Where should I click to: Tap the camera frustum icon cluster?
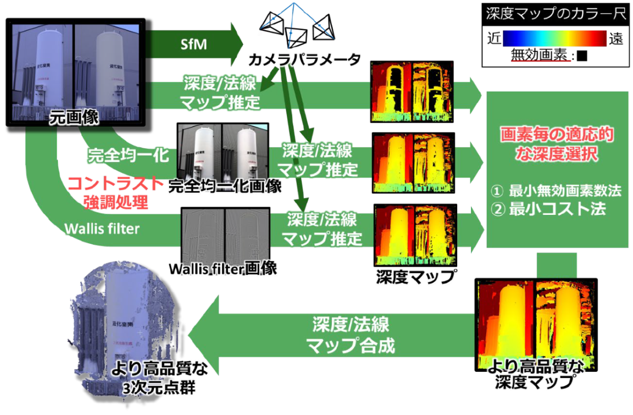point(297,25)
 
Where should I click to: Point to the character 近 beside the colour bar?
point(494,38)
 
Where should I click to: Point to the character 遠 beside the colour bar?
point(616,38)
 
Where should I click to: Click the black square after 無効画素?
point(581,56)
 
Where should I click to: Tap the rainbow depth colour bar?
point(554,38)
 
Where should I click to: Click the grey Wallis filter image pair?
point(225,232)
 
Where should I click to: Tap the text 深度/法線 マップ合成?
point(350,335)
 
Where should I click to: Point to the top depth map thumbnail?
point(412,91)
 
